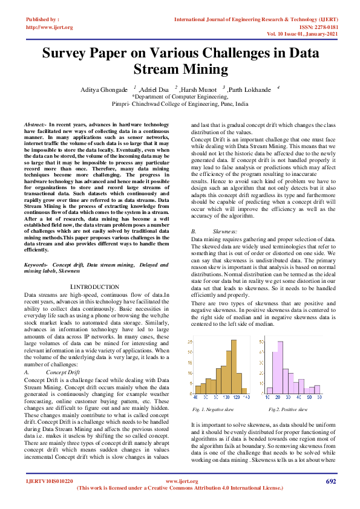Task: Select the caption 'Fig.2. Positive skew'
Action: coord(288,409)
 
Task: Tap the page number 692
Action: coord(331,481)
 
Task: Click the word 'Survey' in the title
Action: coord(70,52)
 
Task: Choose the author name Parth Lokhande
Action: coord(251,89)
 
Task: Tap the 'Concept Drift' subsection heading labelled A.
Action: coord(63,372)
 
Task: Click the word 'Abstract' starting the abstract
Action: coord(34,124)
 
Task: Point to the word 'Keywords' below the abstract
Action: coord(36,265)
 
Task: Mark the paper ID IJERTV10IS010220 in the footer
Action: coord(49,481)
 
